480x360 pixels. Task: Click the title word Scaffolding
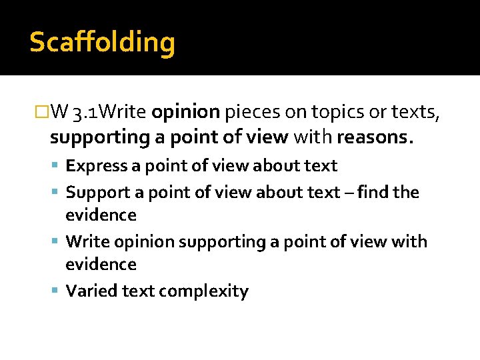coord(102,43)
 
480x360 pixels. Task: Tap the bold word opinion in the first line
coord(185,112)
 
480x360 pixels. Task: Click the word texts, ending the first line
coord(417,112)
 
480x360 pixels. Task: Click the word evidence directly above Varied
coord(101,265)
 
